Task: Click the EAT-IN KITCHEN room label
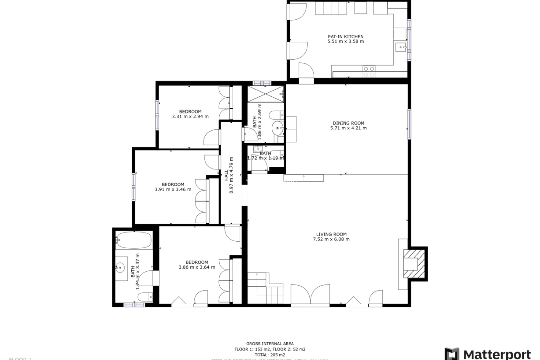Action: tap(346, 37)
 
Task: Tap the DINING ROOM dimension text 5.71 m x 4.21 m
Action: tap(348, 128)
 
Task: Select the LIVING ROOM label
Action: tap(331, 234)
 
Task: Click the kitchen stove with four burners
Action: tap(369, 71)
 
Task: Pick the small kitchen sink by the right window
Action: tap(401, 48)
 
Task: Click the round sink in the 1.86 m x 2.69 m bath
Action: tap(278, 128)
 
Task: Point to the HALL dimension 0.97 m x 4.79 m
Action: tap(231, 175)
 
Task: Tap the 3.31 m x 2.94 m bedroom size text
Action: tap(190, 116)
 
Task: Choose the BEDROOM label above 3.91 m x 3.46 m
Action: tap(173, 184)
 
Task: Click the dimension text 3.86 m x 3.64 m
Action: tap(197, 267)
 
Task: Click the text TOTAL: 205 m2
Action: tap(270, 355)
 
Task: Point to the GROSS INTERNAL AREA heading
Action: tap(270, 343)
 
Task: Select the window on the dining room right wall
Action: tap(409, 124)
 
